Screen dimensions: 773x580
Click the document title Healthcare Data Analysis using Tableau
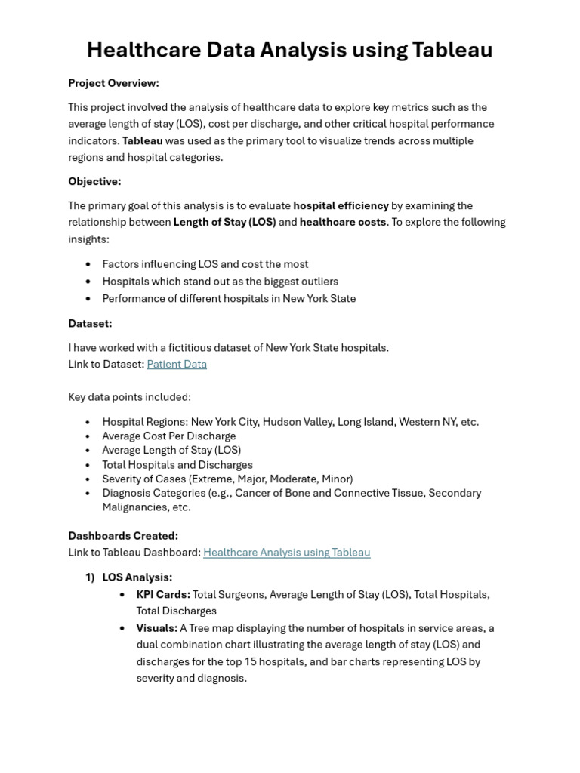tap(289, 50)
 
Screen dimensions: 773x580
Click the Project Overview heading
tap(113, 83)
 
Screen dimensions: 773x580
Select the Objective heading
tap(94, 181)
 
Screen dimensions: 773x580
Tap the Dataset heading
tap(90, 323)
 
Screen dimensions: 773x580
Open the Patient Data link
tap(177, 364)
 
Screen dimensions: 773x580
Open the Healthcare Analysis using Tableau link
tap(286, 552)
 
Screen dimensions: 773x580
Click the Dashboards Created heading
tap(123, 535)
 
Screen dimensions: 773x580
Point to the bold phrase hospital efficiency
tap(341, 205)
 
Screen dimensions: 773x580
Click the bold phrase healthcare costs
tap(343, 222)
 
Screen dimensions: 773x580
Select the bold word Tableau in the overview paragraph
tap(142, 140)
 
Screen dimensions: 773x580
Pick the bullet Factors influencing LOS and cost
tap(205, 264)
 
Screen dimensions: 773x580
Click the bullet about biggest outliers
tap(220, 281)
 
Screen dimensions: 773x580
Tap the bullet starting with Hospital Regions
tap(290, 422)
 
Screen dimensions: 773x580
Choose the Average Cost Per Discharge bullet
tap(168, 436)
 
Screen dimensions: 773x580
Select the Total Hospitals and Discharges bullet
tap(177, 465)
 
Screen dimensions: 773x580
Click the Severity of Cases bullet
tap(227, 479)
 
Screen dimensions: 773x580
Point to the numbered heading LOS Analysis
tap(137, 577)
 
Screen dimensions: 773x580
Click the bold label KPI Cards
tap(163, 594)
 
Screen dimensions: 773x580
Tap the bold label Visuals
tap(156, 628)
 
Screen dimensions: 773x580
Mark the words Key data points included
tap(129, 397)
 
